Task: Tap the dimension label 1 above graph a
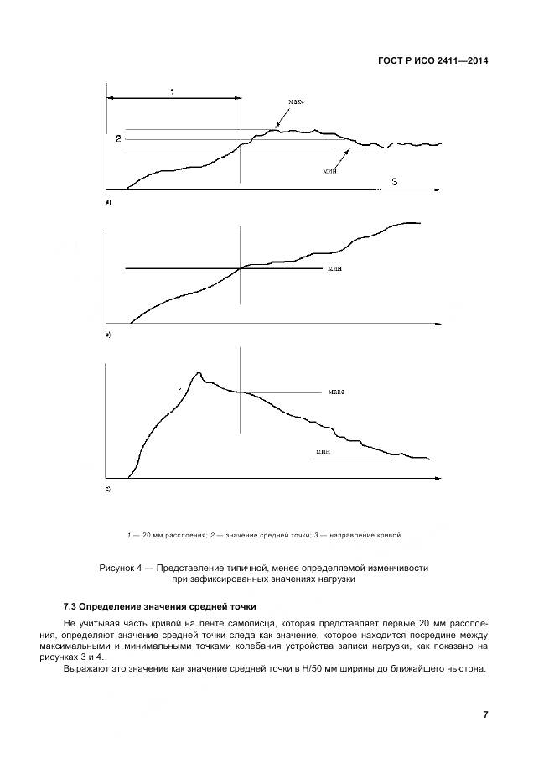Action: coord(173,91)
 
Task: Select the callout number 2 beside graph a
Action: coord(118,138)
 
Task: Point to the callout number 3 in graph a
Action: coord(395,181)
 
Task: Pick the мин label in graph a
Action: coord(329,169)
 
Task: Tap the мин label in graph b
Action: coord(336,269)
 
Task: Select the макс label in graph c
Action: coord(337,392)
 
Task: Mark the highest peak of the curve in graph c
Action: coord(199,372)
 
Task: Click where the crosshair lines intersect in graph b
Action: coord(241,268)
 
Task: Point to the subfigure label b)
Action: coord(107,334)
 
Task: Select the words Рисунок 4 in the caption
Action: coord(122,568)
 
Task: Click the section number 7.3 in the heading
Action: coord(71,606)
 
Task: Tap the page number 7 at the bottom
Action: coord(485,714)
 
